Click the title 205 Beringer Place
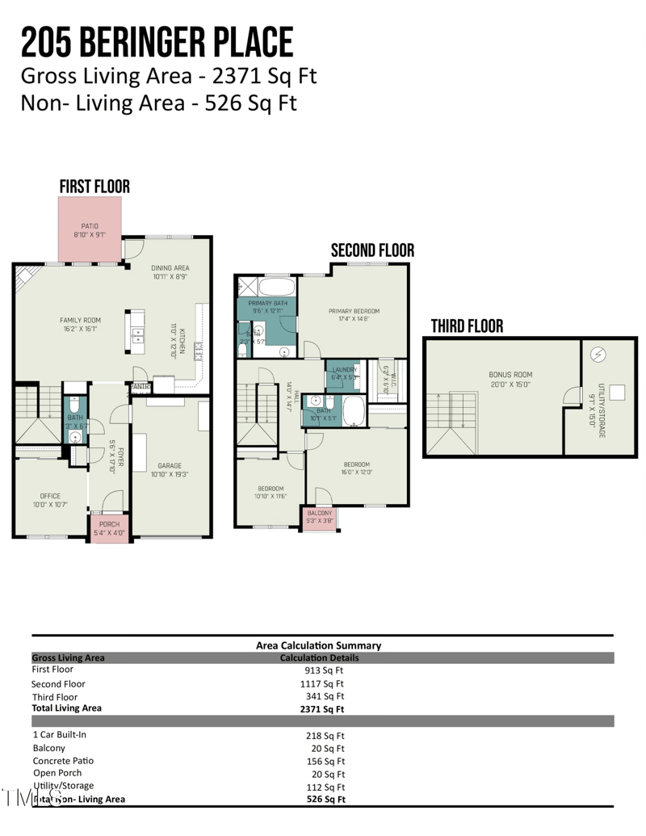point(157,43)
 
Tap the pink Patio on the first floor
point(90,230)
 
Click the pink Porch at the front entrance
point(109,528)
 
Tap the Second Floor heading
point(372,251)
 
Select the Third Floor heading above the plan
point(466,326)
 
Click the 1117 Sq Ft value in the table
point(324,683)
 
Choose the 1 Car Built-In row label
point(61,735)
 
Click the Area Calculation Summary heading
point(318,645)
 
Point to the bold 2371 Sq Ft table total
point(322,709)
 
